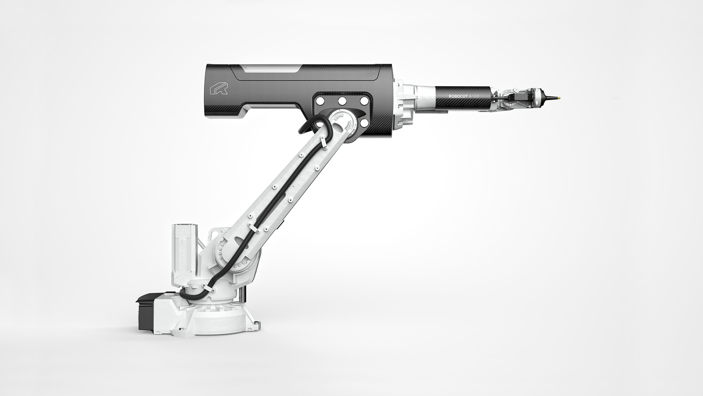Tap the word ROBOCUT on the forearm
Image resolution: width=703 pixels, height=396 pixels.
click(x=458, y=96)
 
